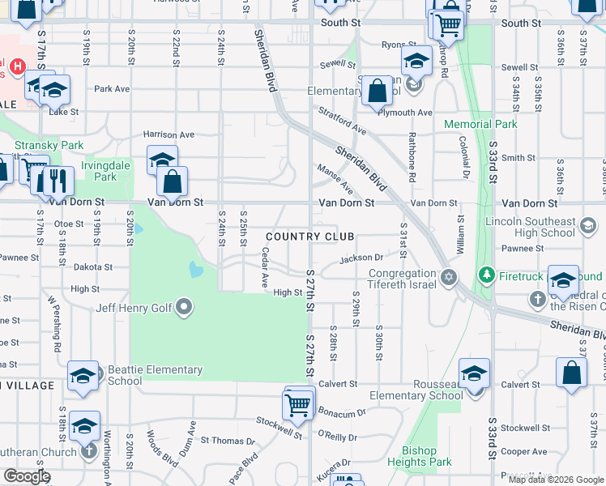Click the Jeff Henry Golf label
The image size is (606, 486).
tap(134, 307)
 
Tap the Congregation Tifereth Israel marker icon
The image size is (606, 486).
tap(448, 279)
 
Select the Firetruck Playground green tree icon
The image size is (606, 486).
tap(486, 274)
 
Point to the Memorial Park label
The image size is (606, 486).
tap(480, 124)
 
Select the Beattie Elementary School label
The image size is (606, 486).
tap(154, 375)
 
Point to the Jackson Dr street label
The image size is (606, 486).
tap(361, 258)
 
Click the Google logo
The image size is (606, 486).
tap(27, 476)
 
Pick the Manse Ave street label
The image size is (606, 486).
tap(335, 181)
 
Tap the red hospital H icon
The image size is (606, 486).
tap(17, 66)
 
